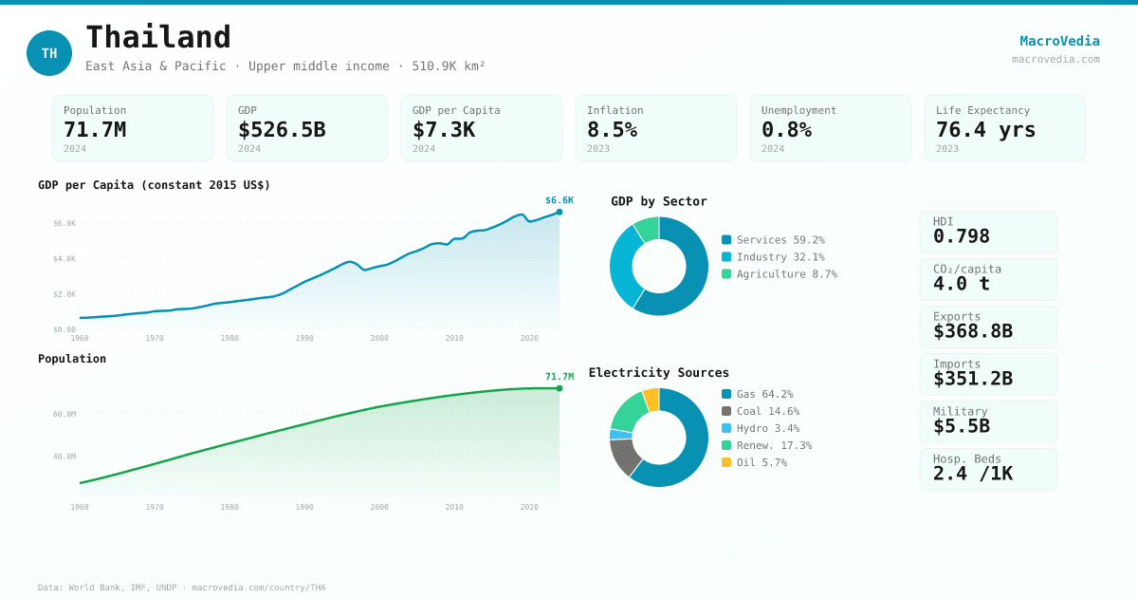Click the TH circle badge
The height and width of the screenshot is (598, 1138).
(x=49, y=53)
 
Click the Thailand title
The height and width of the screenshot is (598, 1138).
(x=158, y=38)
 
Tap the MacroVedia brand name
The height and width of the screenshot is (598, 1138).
(x=1059, y=41)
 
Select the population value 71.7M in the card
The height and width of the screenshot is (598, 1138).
(x=95, y=130)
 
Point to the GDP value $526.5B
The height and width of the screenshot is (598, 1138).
(x=282, y=130)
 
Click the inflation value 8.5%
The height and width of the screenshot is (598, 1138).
(x=612, y=130)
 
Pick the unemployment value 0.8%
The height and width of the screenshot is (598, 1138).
(x=786, y=130)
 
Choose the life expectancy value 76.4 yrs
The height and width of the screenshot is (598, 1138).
(x=985, y=130)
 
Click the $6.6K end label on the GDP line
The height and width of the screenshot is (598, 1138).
(x=560, y=200)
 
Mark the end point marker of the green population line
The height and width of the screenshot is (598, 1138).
(x=560, y=388)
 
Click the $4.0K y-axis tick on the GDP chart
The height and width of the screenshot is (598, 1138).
(x=64, y=259)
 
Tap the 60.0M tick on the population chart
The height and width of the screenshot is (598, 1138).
(x=64, y=414)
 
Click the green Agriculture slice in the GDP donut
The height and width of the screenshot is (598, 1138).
(x=648, y=229)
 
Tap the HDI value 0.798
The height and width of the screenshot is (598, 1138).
(x=961, y=236)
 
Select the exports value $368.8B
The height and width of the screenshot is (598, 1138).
(x=972, y=331)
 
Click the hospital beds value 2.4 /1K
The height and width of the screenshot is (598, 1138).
(x=972, y=474)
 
